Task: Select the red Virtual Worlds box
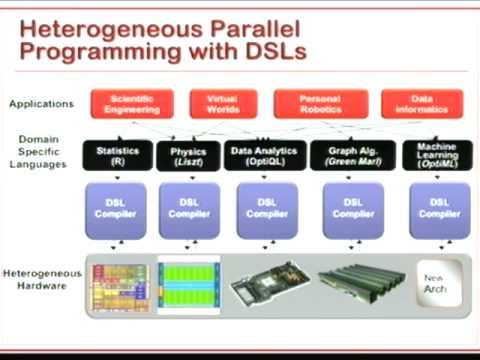click(224, 104)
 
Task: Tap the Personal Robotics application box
click(315, 104)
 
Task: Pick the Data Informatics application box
click(421, 104)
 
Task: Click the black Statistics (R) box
click(117, 155)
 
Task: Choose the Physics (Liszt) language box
click(186, 155)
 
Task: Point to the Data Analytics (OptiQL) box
click(264, 155)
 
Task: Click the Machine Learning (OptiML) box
click(436, 155)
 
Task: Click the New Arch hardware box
click(437, 281)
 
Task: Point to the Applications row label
click(41, 104)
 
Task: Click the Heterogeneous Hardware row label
click(41, 279)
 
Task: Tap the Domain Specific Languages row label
click(41, 156)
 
